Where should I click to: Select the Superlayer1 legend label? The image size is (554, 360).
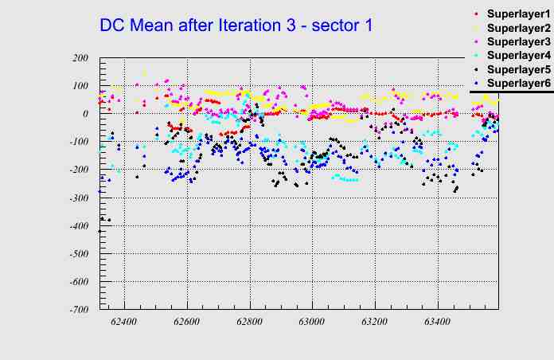(x=517, y=14)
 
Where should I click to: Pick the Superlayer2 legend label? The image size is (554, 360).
(x=517, y=28)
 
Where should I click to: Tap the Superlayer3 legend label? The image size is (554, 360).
(x=517, y=41)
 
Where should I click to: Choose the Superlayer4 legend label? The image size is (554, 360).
(x=517, y=56)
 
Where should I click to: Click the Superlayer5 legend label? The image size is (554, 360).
(x=517, y=69)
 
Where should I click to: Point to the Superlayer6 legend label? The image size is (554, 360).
(x=517, y=83)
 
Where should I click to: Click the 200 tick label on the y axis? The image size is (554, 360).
(x=80, y=58)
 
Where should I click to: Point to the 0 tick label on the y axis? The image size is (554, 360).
(x=84, y=114)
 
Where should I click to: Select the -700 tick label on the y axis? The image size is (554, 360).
(x=78, y=309)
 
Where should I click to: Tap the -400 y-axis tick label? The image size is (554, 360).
(x=78, y=225)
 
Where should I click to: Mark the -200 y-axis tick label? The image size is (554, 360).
(x=78, y=170)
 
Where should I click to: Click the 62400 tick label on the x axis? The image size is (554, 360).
(x=124, y=322)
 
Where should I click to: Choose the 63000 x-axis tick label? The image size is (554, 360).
(x=311, y=322)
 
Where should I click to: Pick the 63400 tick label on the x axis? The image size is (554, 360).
(x=437, y=322)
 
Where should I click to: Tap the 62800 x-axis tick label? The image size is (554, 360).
(x=249, y=322)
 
